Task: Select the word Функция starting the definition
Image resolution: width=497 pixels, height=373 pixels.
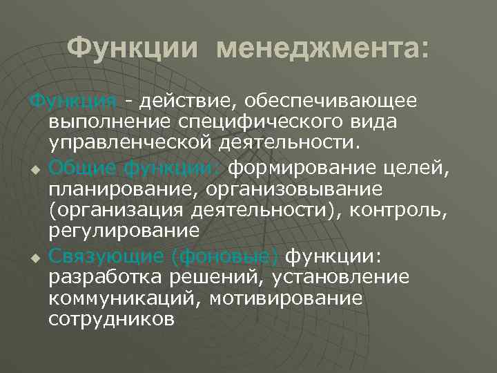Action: click(x=72, y=102)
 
